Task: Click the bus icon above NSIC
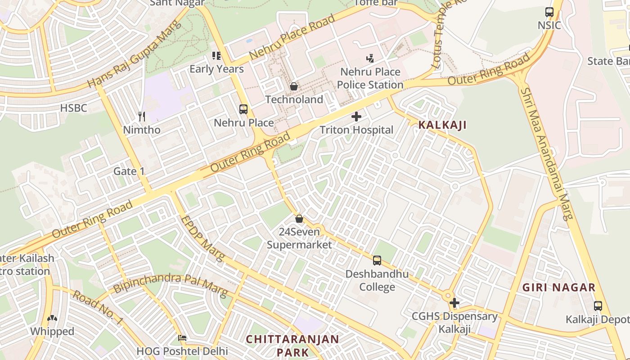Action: (549, 12)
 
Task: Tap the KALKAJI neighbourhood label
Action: (442, 125)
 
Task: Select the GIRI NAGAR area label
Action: (558, 288)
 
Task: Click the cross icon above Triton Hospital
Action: (356, 117)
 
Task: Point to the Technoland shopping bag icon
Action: (294, 86)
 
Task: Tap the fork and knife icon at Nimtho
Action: (142, 117)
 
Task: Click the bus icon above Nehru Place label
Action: (243, 109)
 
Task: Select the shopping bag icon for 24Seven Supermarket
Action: (299, 219)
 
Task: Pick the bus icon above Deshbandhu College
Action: (377, 261)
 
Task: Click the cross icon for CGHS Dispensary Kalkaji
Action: (454, 303)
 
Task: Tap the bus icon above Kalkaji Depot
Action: (598, 306)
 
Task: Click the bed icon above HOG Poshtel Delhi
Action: (182, 338)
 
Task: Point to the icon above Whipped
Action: (52, 319)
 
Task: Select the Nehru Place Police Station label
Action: (370, 78)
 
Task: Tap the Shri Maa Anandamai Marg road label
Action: (547, 153)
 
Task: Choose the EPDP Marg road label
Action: (202, 239)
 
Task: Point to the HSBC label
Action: (73, 108)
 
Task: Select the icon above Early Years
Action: (216, 56)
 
